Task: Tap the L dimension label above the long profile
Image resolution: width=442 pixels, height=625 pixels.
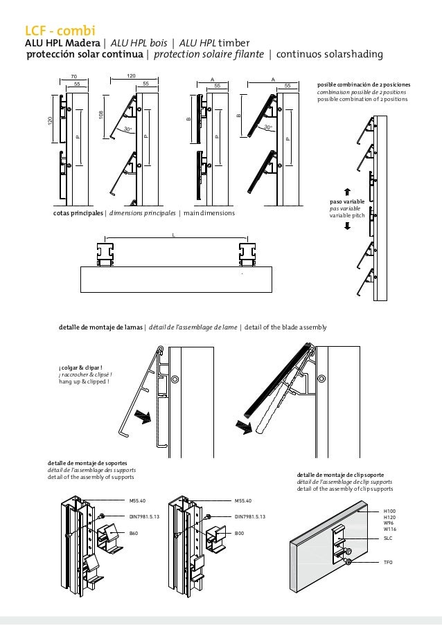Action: point(173,235)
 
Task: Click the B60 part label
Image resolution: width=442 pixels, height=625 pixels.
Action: point(134,534)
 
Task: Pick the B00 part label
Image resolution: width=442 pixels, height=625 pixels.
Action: point(239,534)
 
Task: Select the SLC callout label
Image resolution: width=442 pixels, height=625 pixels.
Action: point(388,537)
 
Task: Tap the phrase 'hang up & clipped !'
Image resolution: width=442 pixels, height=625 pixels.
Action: point(84,381)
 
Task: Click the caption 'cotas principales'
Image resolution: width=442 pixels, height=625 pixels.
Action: point(77,213)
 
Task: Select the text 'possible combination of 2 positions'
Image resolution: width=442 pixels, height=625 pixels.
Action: point(363,99)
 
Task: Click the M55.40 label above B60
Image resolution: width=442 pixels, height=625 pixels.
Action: point(138,499)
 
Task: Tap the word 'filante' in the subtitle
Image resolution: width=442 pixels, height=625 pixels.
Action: point(247,55)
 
